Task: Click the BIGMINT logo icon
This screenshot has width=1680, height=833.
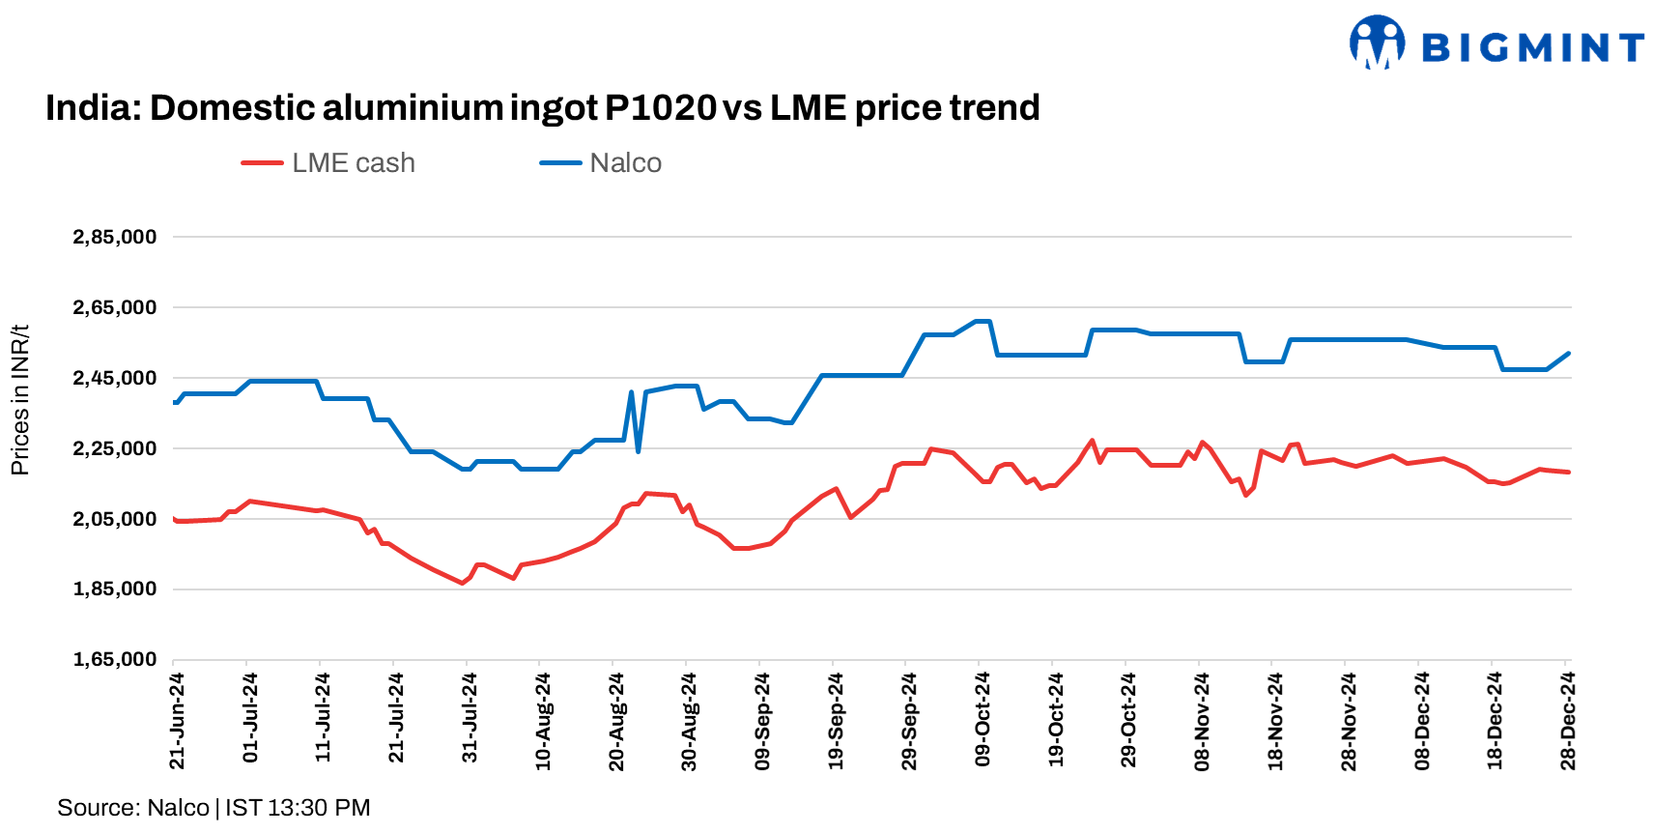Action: pos(1377,43)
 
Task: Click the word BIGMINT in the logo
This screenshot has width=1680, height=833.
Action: pos(1533,47)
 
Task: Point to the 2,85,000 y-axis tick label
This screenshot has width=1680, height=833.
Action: pos(115,238)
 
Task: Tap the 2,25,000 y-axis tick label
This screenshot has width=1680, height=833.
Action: pos(115,448)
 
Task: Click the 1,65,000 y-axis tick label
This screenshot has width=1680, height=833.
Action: pos(115,660)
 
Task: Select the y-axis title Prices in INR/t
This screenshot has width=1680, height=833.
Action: pos(20,400)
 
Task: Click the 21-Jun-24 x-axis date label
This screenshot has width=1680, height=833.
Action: pos(177,721)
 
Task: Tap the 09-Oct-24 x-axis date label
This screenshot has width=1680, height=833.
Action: pos(982,720)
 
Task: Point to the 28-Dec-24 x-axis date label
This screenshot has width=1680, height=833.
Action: pos(1568,721)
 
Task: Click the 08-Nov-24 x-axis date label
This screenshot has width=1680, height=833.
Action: pos(1202,721)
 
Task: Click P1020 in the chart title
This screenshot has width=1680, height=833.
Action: pos(660,107)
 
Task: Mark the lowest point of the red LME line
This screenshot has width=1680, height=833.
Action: pos(463,583)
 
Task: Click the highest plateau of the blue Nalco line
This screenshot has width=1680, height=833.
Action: pos(983,321)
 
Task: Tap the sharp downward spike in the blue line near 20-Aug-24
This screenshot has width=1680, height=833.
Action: pos(639,450)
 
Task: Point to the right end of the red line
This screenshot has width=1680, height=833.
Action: pos(1569,472)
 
